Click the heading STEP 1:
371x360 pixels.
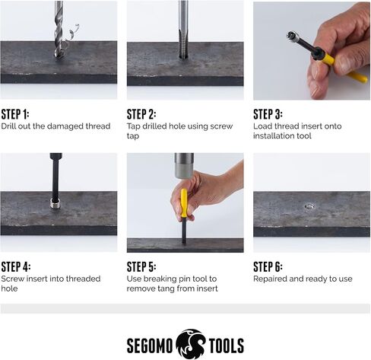pos(15,114)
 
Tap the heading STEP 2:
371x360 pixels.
pos(141,114)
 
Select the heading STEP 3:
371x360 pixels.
pos(268,114)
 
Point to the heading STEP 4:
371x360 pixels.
pos(16,266)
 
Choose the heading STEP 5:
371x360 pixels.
pos(141,266)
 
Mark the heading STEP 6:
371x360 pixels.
pos(268,266)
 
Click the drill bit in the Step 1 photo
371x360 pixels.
pos(59,29)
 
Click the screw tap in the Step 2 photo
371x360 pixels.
pos(183,29)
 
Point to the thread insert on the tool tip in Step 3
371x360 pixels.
pos(292,36)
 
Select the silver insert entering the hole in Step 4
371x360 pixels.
pos(55,203)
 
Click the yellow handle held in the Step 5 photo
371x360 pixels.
pos(184,203)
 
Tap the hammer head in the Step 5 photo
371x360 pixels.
pos(184,166)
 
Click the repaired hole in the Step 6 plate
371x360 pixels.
pos(309,206)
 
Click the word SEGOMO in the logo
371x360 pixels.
pos(150,346)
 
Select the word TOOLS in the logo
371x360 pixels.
pos(227,346)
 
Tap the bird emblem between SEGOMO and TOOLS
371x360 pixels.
pos(191,344)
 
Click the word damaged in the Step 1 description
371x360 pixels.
pos(65,126)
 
